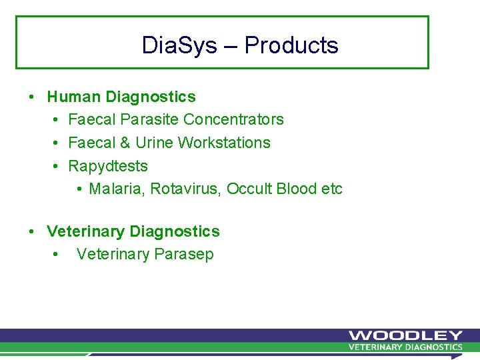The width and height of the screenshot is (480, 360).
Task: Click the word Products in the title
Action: [291, 45]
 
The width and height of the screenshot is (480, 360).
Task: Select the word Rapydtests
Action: [108, 166]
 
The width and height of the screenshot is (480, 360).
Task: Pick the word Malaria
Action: [116, 189]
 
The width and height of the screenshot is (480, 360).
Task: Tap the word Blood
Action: [297, 189]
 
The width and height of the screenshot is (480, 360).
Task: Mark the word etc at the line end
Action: [332, 189]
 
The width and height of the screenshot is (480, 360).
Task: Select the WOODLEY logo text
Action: [405, 335]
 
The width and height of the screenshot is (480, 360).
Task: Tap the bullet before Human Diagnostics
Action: [32, 97]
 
